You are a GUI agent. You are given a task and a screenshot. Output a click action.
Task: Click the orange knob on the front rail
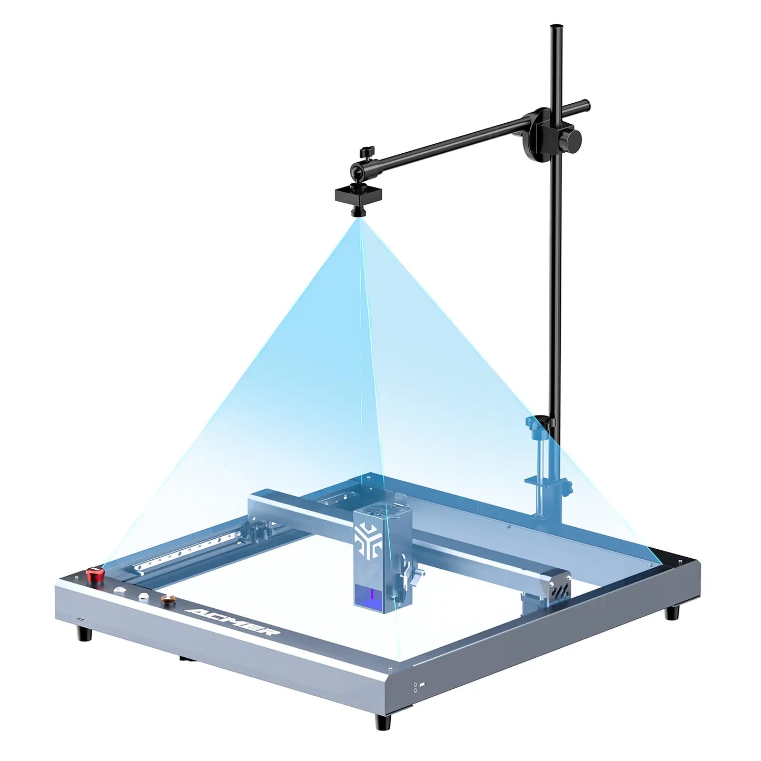point(168,600)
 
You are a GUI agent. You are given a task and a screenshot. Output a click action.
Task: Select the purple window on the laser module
point(372,596)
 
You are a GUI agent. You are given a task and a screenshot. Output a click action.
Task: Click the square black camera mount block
point(359,195)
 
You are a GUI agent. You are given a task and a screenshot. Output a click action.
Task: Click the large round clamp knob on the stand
point(572,137)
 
